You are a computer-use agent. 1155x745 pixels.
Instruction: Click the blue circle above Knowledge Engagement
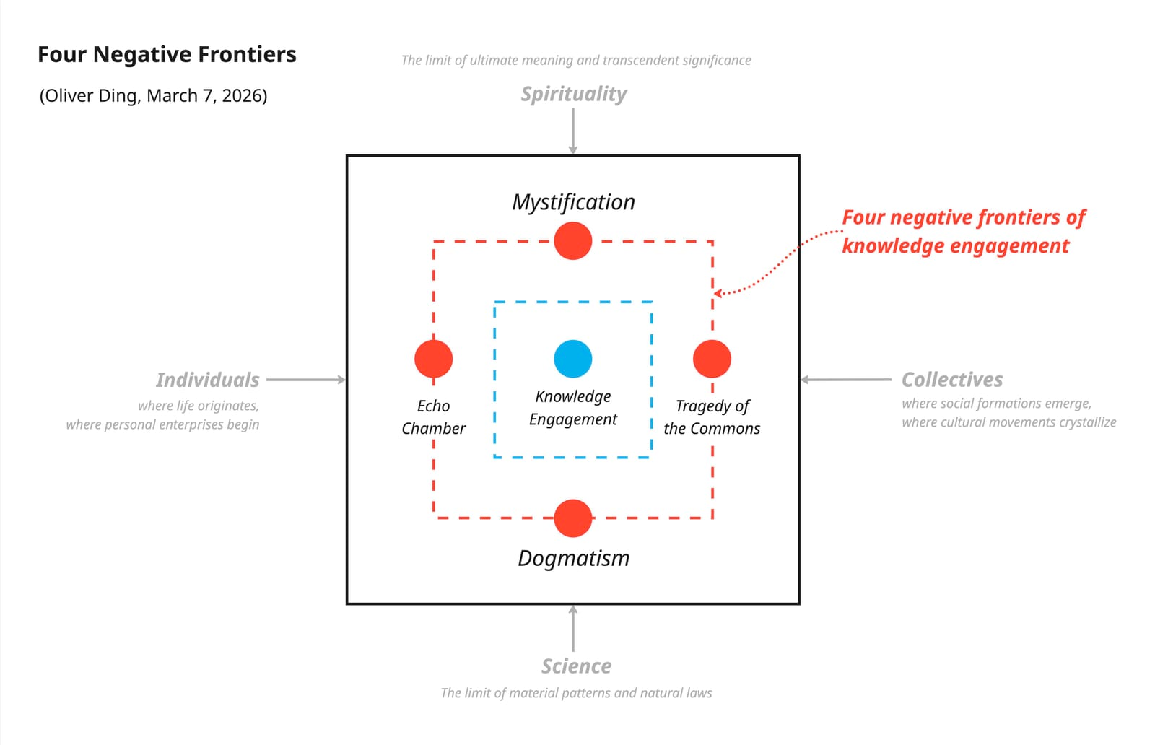pyautogui.click(x=572, y=359)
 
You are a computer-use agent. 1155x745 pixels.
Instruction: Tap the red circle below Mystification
pyautogui.click(x=572, y=240)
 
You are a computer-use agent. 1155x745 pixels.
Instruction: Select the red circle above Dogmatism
pyautogui.click(x=572, y=518)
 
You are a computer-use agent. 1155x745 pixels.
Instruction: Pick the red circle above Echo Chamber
pyautogui.click(x=433, y=359)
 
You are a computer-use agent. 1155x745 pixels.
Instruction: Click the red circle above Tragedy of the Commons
pyautogui.click(x=712, y=359)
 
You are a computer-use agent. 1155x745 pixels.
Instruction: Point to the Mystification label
pyautogui.click(x=573, y=202)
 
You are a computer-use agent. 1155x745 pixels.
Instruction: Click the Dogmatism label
pyautogui.click(x=573, y=558)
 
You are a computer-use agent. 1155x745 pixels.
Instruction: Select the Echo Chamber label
pyautogui.click(x=433, y=417)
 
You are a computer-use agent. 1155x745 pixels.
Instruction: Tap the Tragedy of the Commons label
pyautogui.click(x=712, y=417)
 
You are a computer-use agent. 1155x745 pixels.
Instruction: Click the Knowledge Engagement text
pyautogui.click(x=572, y=408)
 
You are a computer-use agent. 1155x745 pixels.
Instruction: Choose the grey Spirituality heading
pyautogui.click(x=573, y=94)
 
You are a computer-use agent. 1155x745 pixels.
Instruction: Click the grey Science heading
pyautogui.click(x=576, y=666)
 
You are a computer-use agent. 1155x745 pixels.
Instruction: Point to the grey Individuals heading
pyautogui.click(x=207, y=380)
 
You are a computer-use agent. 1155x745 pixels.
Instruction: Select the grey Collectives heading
pyautogui.click(x=952, y=380)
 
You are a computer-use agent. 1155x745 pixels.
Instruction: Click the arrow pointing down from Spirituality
pyautogui.click(x=572, y=131)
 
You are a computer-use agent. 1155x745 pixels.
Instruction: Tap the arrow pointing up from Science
pyautogui.click(x=572, y=629)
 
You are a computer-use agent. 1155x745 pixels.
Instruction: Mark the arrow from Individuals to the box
pyautogui.click(x=306, y=380)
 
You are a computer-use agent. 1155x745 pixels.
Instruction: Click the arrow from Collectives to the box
pyautogui.click(x=846, y=380)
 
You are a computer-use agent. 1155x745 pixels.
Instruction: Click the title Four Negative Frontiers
pyautogui.click(x=167, y=55)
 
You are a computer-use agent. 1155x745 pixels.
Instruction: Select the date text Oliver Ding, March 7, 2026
pyautogui.click(x=153, y=96)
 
